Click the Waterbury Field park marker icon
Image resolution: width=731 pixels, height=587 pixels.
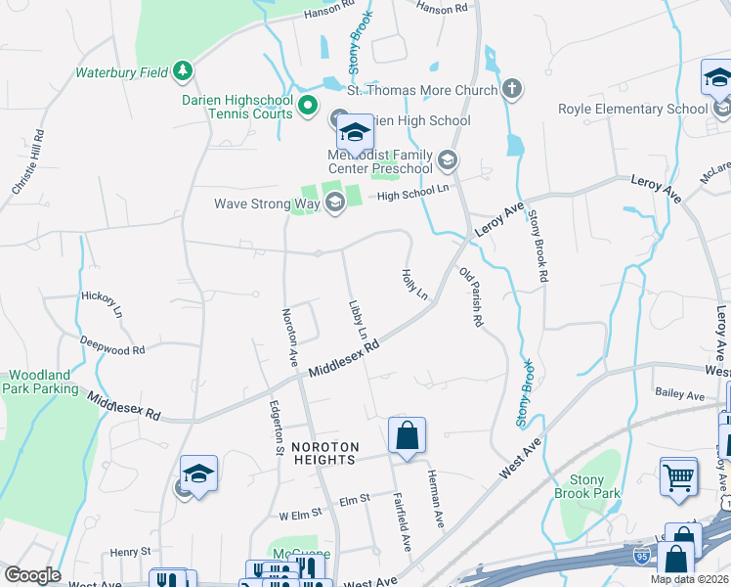click(x=182, y=70)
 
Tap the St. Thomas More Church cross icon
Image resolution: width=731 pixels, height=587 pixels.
click(x=510, y=90)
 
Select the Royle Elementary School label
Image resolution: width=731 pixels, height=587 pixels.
click(x=632, y=110)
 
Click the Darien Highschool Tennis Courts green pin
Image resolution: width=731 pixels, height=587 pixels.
click(x=308, y=105)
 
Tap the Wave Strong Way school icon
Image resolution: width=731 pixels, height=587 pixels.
click(x=334, y=203)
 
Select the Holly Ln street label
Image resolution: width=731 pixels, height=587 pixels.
click(x=414, y=285)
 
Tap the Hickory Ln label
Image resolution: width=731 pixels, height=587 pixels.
click(x=102, y=302)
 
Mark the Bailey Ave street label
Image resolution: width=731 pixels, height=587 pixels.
click(x=681, y=395)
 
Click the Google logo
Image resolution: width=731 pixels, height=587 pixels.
click(x=32, y=575)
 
